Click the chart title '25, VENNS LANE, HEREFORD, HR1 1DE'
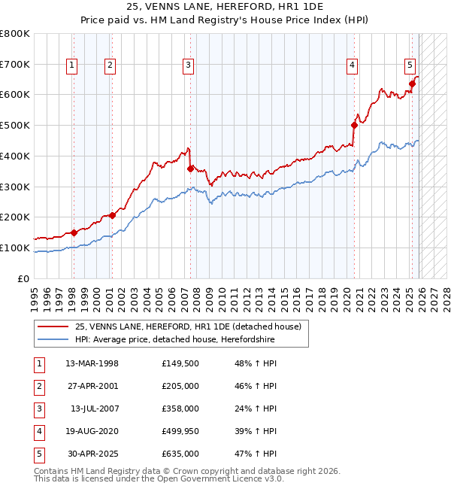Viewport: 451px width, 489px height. point(225,8)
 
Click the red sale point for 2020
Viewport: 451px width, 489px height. point(354,126)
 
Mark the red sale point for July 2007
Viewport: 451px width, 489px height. point(191,169)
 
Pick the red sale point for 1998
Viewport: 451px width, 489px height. point(74,232)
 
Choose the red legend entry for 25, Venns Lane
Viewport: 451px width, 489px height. point(188,327)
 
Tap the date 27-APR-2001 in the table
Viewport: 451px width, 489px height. point(92,386)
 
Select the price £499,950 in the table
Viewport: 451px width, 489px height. point(180,431)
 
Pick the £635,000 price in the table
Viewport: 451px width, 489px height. point(180,454)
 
